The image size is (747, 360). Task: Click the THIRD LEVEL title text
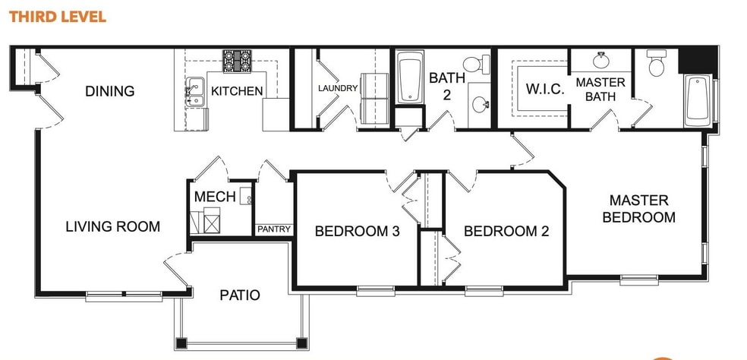click(58, 16)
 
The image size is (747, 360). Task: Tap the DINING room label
click(109, 91)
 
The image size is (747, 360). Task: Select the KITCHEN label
click(237, 91)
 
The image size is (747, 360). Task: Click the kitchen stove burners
click(237, 60)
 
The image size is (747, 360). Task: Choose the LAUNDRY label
click(338, 88)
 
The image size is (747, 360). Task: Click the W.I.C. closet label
click(545, 89)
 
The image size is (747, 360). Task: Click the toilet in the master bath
click(655, 64)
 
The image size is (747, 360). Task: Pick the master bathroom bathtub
click(698, 100)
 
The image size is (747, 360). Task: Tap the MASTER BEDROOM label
click(638, 209)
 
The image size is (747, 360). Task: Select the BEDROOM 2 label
click(506, 232)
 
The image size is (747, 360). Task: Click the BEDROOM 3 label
click(357, 232)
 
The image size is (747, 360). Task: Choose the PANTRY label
click(273, 229)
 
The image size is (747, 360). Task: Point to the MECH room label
click(215, 197)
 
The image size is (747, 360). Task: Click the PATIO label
click(240, 295)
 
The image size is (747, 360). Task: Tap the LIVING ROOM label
click(112, 226)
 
